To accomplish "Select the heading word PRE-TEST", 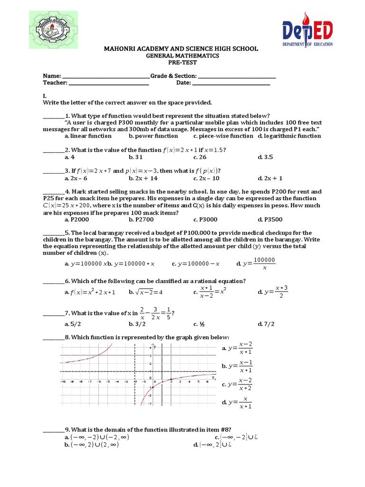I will click(182, 62).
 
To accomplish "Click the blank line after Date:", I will click(231, 83).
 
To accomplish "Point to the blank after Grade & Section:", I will click(236, 77).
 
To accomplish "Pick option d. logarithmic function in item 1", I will click(289, 136).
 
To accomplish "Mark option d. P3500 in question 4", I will click(270, 220).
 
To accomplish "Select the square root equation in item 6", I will click(148, 292).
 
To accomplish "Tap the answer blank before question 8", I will click(53, 338).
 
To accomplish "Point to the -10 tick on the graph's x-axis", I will click(63, 382).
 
